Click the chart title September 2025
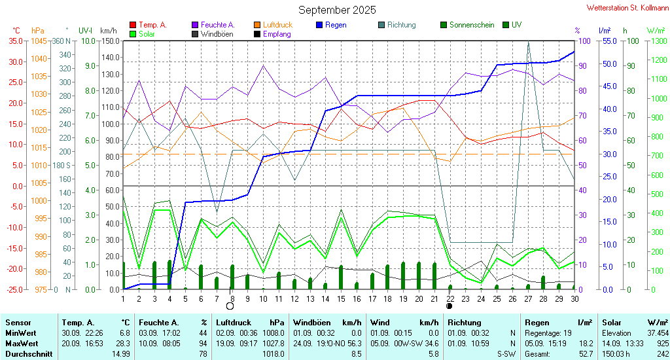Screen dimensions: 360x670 coord(337,10)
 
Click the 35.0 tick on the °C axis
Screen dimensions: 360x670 coord(16,41)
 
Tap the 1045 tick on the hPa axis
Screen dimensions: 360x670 coord(39,41)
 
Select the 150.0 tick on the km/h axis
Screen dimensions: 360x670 coord(110,41)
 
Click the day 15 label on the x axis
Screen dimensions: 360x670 coord(341,298)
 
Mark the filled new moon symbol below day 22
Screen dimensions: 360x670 coord(450,306)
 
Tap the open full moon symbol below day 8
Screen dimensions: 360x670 coord(230,306)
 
